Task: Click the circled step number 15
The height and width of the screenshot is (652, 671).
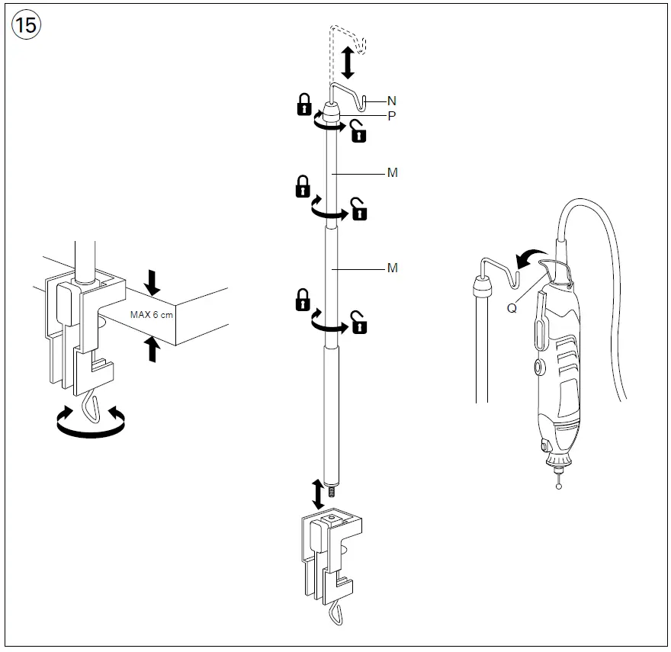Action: point(25,25)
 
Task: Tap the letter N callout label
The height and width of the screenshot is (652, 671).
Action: point(392,101)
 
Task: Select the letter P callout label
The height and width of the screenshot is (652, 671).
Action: point(392,116)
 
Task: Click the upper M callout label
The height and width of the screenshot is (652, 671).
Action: point(393,173)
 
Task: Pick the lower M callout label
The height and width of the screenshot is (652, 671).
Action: point(393,268)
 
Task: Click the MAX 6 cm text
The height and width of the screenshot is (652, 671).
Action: point(152,314)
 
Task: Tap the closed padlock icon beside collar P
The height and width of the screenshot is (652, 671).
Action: point(304,104)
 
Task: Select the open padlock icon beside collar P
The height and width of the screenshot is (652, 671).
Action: point(358,133)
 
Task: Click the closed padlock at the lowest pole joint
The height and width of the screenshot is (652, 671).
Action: point(303,300)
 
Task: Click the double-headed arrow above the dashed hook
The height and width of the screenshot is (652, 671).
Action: point(348,63)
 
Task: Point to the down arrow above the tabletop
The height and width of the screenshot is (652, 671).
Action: point(152,283)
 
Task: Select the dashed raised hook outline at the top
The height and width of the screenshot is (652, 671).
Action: point(348,38)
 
